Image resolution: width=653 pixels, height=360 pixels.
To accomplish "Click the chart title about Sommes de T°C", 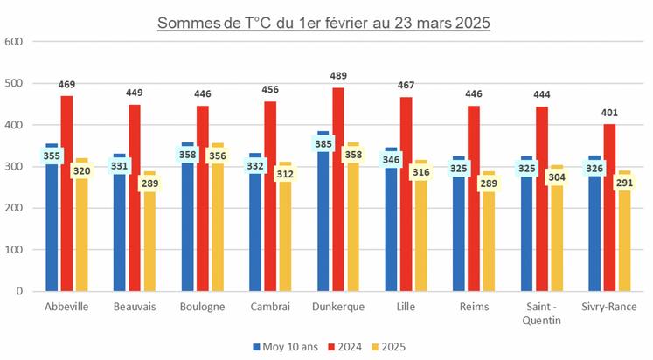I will coord(323,22).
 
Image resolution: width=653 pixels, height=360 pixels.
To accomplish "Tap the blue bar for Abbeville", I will coord(52,236).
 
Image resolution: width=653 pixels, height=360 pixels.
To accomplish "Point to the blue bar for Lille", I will coord(391,236).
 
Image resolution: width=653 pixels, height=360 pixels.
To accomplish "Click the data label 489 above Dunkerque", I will coord(338,77).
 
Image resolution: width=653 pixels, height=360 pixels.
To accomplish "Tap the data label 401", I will coord(609,114).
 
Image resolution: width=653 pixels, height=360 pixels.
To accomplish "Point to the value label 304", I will coord(556,177).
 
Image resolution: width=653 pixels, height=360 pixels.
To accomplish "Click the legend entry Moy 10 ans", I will coord(289,347).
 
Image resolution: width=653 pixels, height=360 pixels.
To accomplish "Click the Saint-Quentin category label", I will coord(541,313).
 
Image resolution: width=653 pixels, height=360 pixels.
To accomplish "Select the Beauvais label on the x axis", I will coord(134,307).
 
